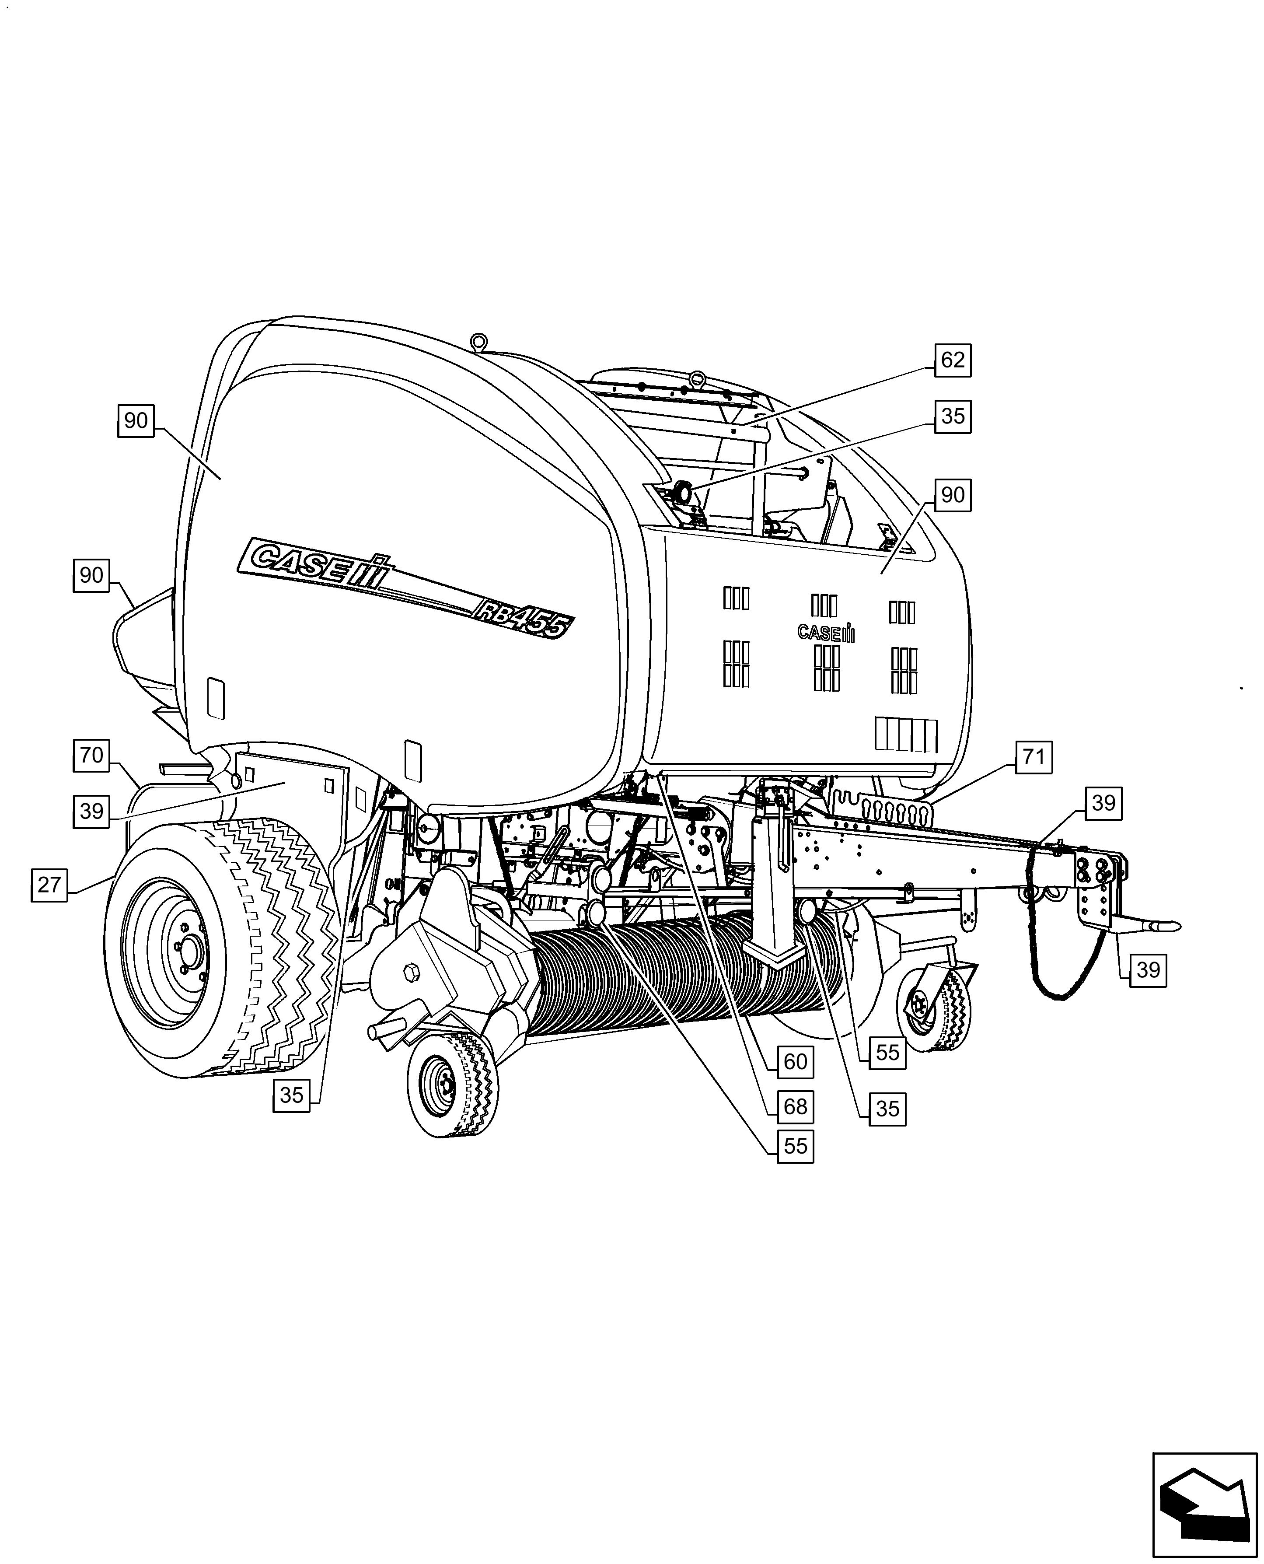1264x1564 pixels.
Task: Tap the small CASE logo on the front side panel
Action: tap(826, 633)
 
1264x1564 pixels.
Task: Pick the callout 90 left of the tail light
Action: tap(91, 575)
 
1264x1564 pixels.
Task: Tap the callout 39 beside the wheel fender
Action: tap(91, 810)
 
